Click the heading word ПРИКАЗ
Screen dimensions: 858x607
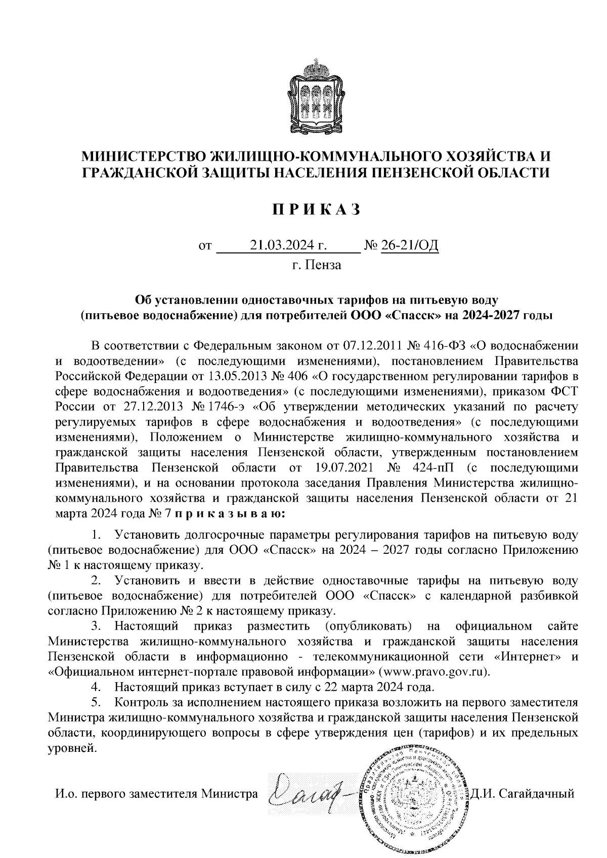tap(316, 209)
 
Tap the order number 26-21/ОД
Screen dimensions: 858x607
tap(410, 246)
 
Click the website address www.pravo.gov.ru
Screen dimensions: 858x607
tap(436, 673)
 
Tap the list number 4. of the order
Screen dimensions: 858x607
tap(96, 688)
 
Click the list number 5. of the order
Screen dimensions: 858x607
tap(96, 703)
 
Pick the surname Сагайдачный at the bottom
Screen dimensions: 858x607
tap(537, 794)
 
